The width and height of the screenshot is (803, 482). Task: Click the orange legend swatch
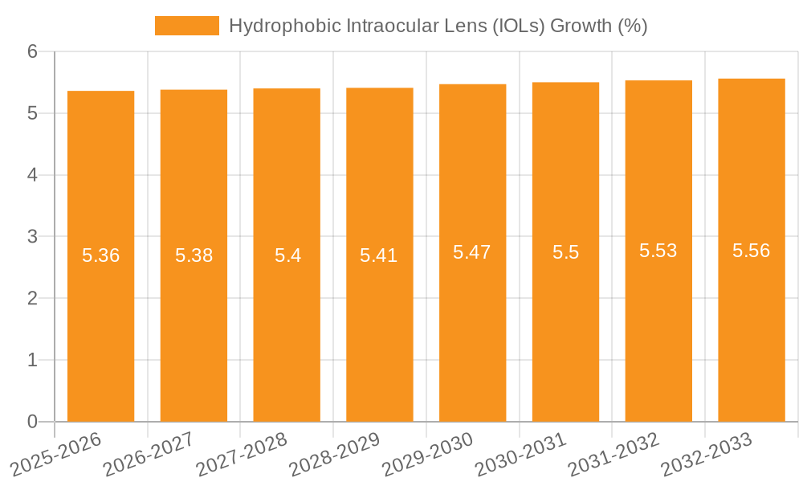(186, 26)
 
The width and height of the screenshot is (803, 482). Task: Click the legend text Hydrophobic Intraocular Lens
(438, 26)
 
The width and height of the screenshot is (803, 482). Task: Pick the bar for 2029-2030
(472, 337)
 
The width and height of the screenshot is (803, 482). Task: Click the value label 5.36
(100, 255)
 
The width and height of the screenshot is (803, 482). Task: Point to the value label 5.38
(194, 255)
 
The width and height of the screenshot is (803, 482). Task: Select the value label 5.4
(287, 255)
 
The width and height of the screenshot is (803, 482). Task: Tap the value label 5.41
(379, 255)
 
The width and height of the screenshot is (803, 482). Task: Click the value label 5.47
(472, 252)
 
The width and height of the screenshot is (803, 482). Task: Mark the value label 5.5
(565, 252)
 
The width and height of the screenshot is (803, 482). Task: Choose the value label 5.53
(658, 251)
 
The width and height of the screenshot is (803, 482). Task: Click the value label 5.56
(752, 251)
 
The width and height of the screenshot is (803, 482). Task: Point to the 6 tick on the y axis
(32, 51)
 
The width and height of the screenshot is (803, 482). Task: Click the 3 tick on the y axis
(32, 236)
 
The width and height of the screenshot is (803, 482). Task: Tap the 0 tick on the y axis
(32, 422)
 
